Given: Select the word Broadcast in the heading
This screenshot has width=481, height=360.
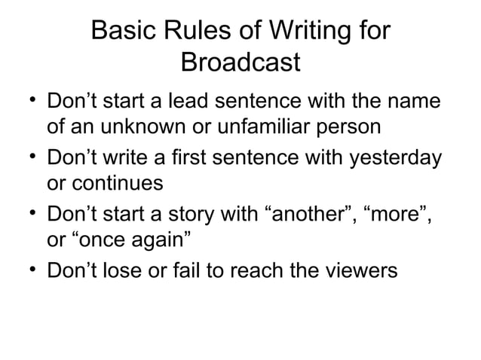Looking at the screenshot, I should pos(240,62).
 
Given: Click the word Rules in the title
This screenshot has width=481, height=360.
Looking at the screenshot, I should pos(193,32).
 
